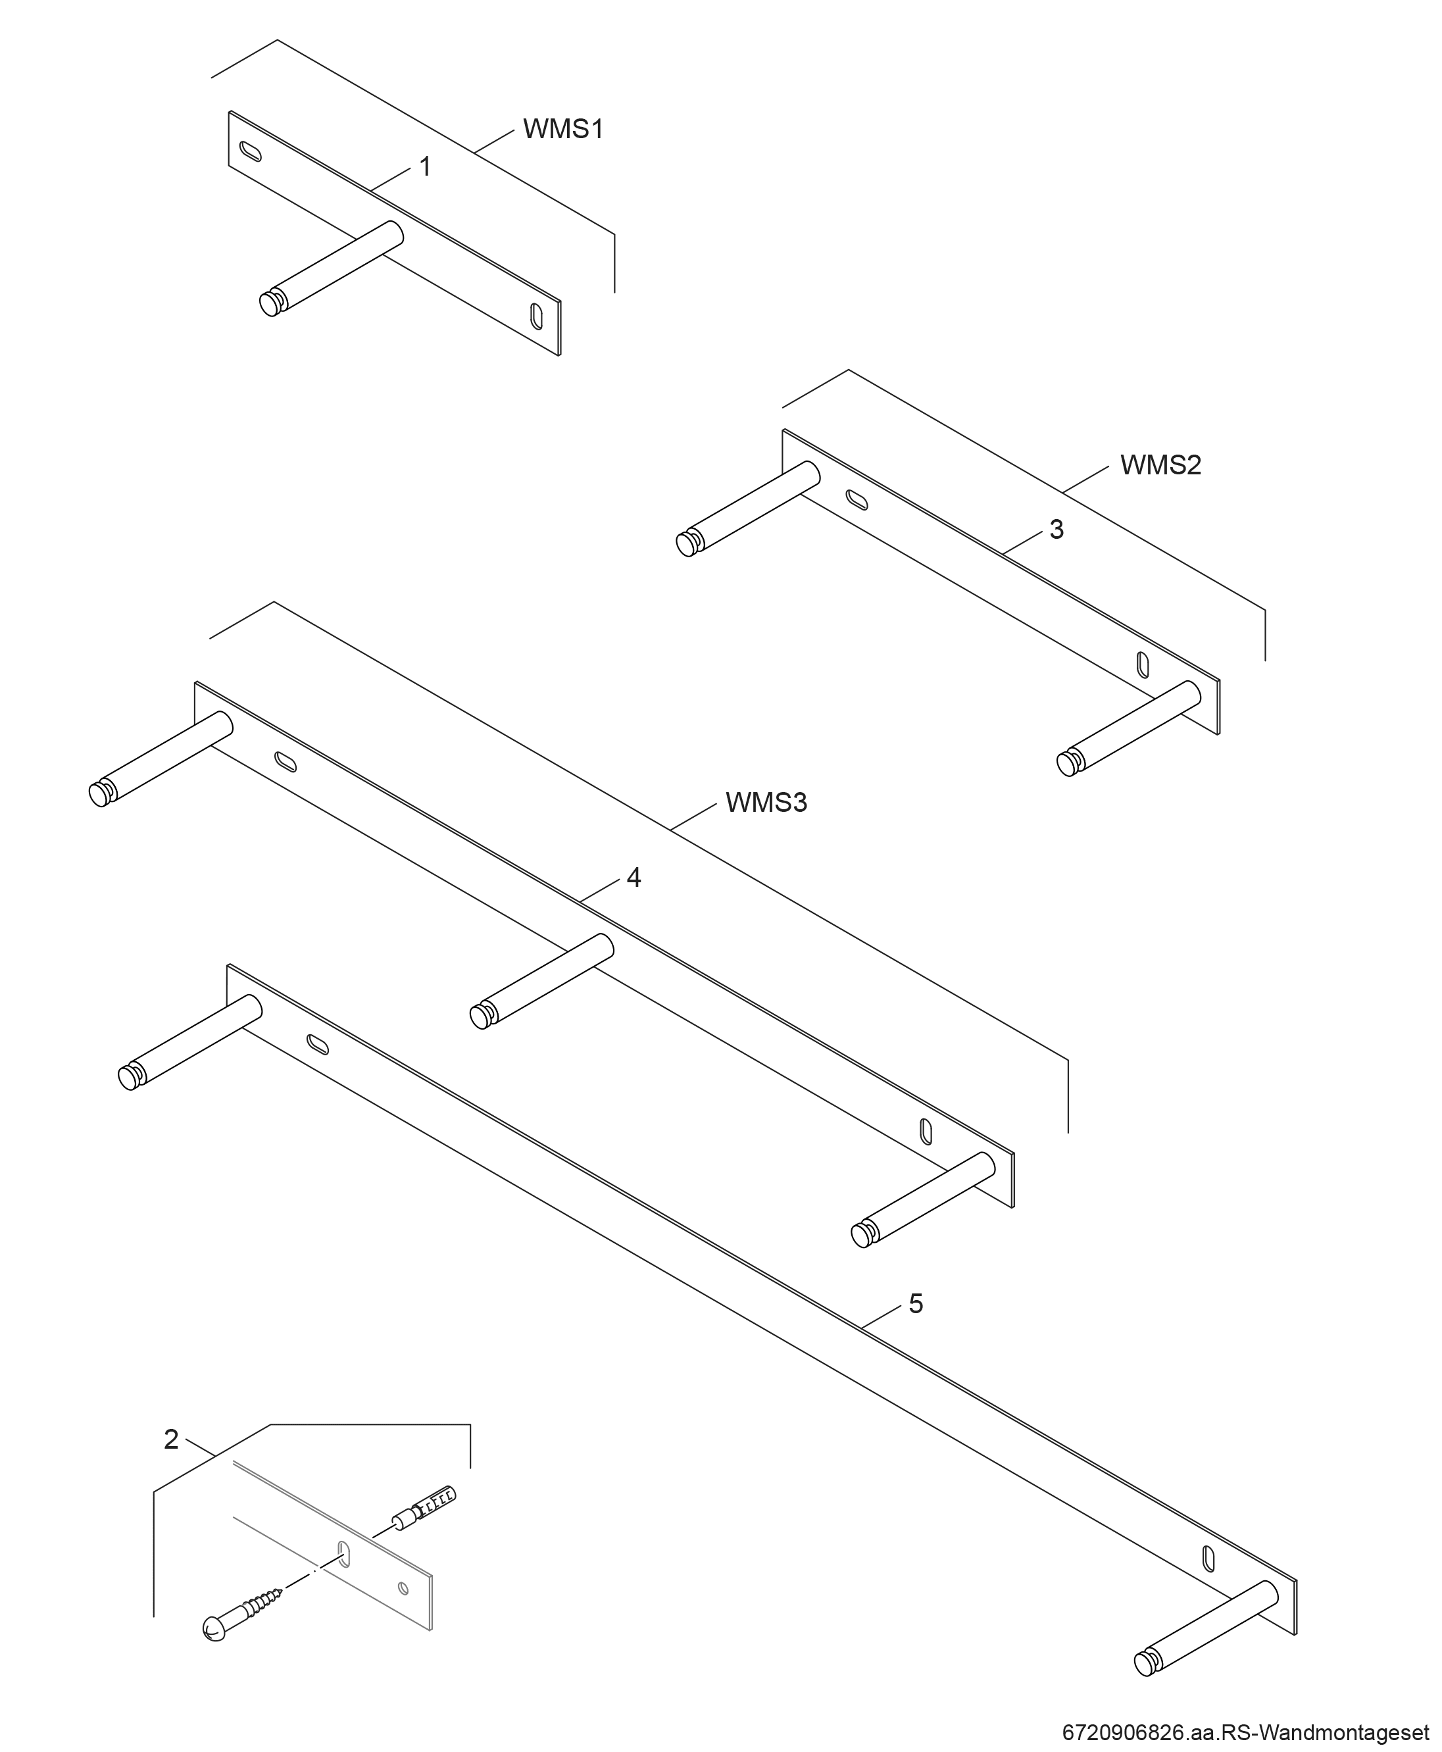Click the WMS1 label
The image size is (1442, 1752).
tap(562, 129)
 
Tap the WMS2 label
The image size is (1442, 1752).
tap(1160, 465)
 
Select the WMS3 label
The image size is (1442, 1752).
tap(766, 803)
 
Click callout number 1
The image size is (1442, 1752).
tap(425, 167)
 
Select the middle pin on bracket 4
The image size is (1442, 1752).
tap(541, 982)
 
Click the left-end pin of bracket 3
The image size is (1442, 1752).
tap(749, 509)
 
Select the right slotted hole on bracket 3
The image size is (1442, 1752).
tap(1143, 664)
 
